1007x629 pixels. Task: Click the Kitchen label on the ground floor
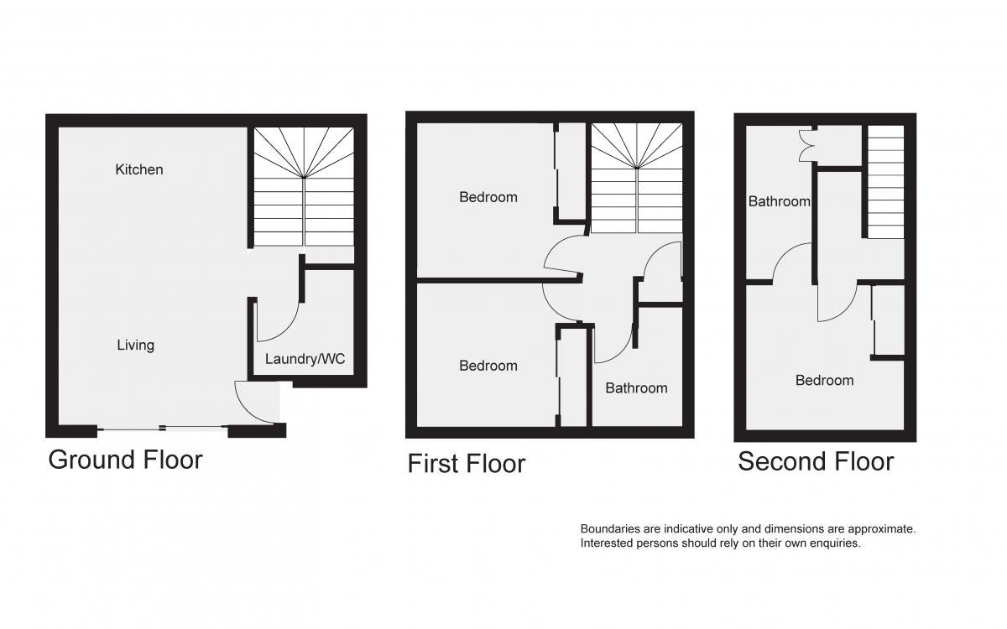139,169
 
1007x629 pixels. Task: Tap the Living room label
136,345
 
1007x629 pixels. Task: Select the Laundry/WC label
305,359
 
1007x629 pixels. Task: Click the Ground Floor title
125,461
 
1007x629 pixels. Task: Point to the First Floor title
467,464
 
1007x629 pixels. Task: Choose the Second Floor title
816,461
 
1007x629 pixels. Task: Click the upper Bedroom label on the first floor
488,197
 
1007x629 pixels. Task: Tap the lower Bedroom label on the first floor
488,366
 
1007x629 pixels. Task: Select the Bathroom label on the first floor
636,388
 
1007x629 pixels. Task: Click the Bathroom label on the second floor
779,201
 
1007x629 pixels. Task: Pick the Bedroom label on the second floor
824,381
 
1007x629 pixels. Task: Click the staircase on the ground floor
304,187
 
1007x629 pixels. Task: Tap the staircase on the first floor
637,179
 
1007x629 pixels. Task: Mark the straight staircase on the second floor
885,181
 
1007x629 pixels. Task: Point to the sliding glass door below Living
162,429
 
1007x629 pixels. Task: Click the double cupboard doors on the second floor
807,144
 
